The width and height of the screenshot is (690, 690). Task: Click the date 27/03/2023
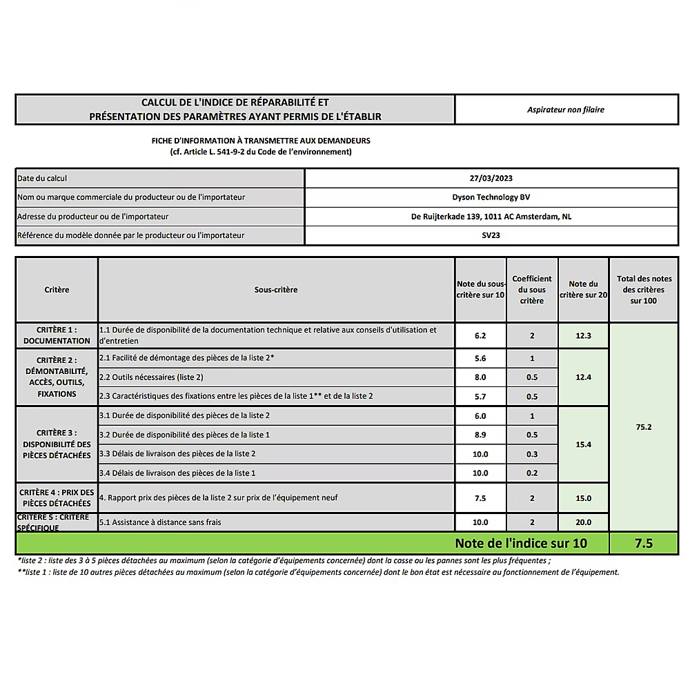(491, 178)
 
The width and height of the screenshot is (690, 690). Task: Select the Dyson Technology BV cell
(491, 197)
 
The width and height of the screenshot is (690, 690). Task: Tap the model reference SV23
(491, 235)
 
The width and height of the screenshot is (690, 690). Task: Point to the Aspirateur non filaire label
(566, 110)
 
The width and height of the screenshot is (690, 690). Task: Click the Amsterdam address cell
(491, 217)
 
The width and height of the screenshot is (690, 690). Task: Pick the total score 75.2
(643, 427)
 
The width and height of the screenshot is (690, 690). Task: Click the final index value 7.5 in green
(643, 544)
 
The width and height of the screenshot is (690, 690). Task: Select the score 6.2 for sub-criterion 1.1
(480, 335)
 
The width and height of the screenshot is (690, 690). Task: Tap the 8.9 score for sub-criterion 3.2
(480, 435)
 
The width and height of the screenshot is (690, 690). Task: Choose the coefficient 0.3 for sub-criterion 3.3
(532, 454)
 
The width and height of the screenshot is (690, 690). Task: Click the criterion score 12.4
(583, 377)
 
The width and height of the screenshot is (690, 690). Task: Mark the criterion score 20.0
(583, 522)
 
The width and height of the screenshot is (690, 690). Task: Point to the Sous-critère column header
(276, 290)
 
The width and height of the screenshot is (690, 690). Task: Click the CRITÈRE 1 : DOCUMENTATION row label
(57, 335)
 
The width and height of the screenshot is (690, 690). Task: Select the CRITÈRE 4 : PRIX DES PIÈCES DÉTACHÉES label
(57, 497)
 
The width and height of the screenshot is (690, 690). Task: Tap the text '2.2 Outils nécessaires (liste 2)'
(151, 377)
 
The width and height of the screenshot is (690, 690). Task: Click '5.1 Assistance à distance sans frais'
(160, 522)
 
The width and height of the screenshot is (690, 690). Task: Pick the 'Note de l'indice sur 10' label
(521, 544)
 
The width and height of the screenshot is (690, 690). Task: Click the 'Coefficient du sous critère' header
(532, 290)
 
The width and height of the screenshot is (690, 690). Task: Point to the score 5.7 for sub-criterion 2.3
(480, 397)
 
